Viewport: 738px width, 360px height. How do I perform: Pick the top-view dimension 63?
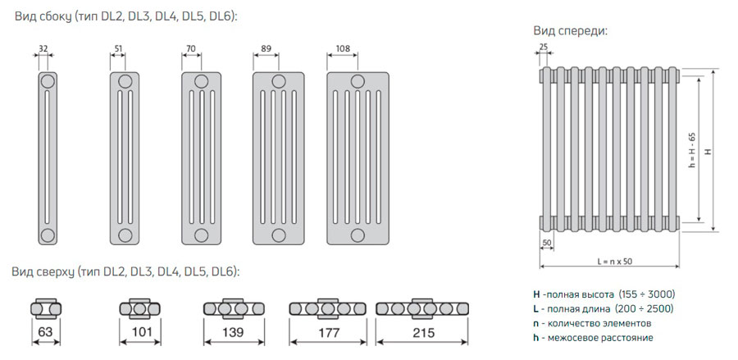pos(45,332)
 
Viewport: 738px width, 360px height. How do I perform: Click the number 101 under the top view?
pos(142,332)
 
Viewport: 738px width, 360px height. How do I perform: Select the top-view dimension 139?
pos(233,332)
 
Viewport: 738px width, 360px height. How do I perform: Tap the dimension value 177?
pos(329,333)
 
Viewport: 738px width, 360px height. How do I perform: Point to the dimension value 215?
pos(424,333)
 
